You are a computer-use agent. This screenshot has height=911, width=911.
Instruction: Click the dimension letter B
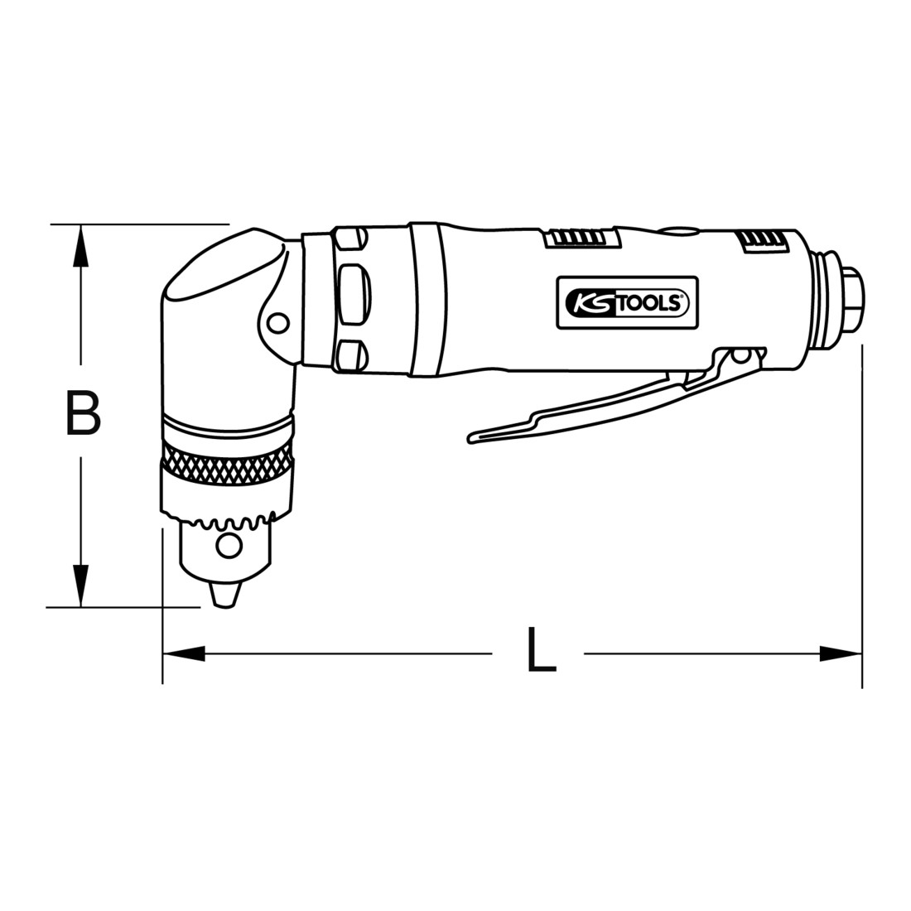coord(84,413)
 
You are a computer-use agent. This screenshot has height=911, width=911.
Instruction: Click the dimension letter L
coord(541,649)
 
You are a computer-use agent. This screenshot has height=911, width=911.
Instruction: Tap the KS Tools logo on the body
coord(628,302)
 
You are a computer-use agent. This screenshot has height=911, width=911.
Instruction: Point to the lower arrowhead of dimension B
coord(81,585)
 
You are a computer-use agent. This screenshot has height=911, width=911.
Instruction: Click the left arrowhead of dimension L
coord(184,653)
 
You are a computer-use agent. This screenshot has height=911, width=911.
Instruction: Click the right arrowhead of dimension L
coord(840,653)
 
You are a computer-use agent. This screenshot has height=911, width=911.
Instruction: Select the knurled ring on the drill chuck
coord(227,462)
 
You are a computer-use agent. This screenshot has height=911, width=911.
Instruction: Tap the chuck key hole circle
coord(229,546)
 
